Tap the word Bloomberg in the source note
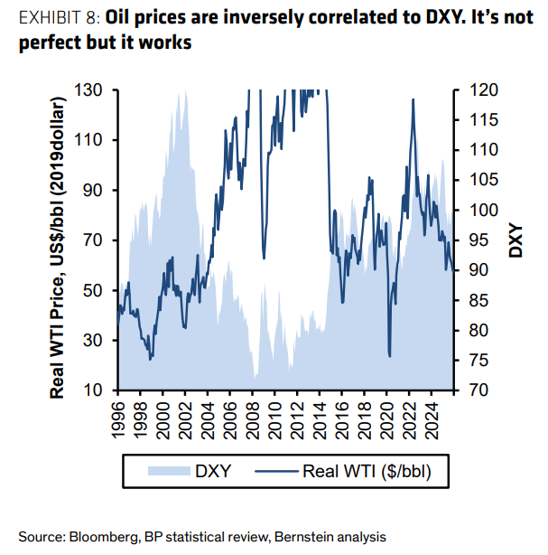103,536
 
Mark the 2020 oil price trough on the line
389,356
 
